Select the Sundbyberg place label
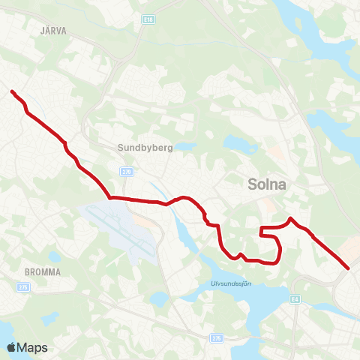tap(145, 148)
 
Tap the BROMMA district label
tap(41, 271)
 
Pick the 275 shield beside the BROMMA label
tap(23, 286)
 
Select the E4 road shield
tap(295, 298)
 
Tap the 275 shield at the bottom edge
tap(217, 338)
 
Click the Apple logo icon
tap(11, 347)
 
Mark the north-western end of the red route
tap(12, 91)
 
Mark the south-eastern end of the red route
tap(349, 268)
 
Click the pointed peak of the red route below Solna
tap(290, 218)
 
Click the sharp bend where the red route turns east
tap(111, 198)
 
